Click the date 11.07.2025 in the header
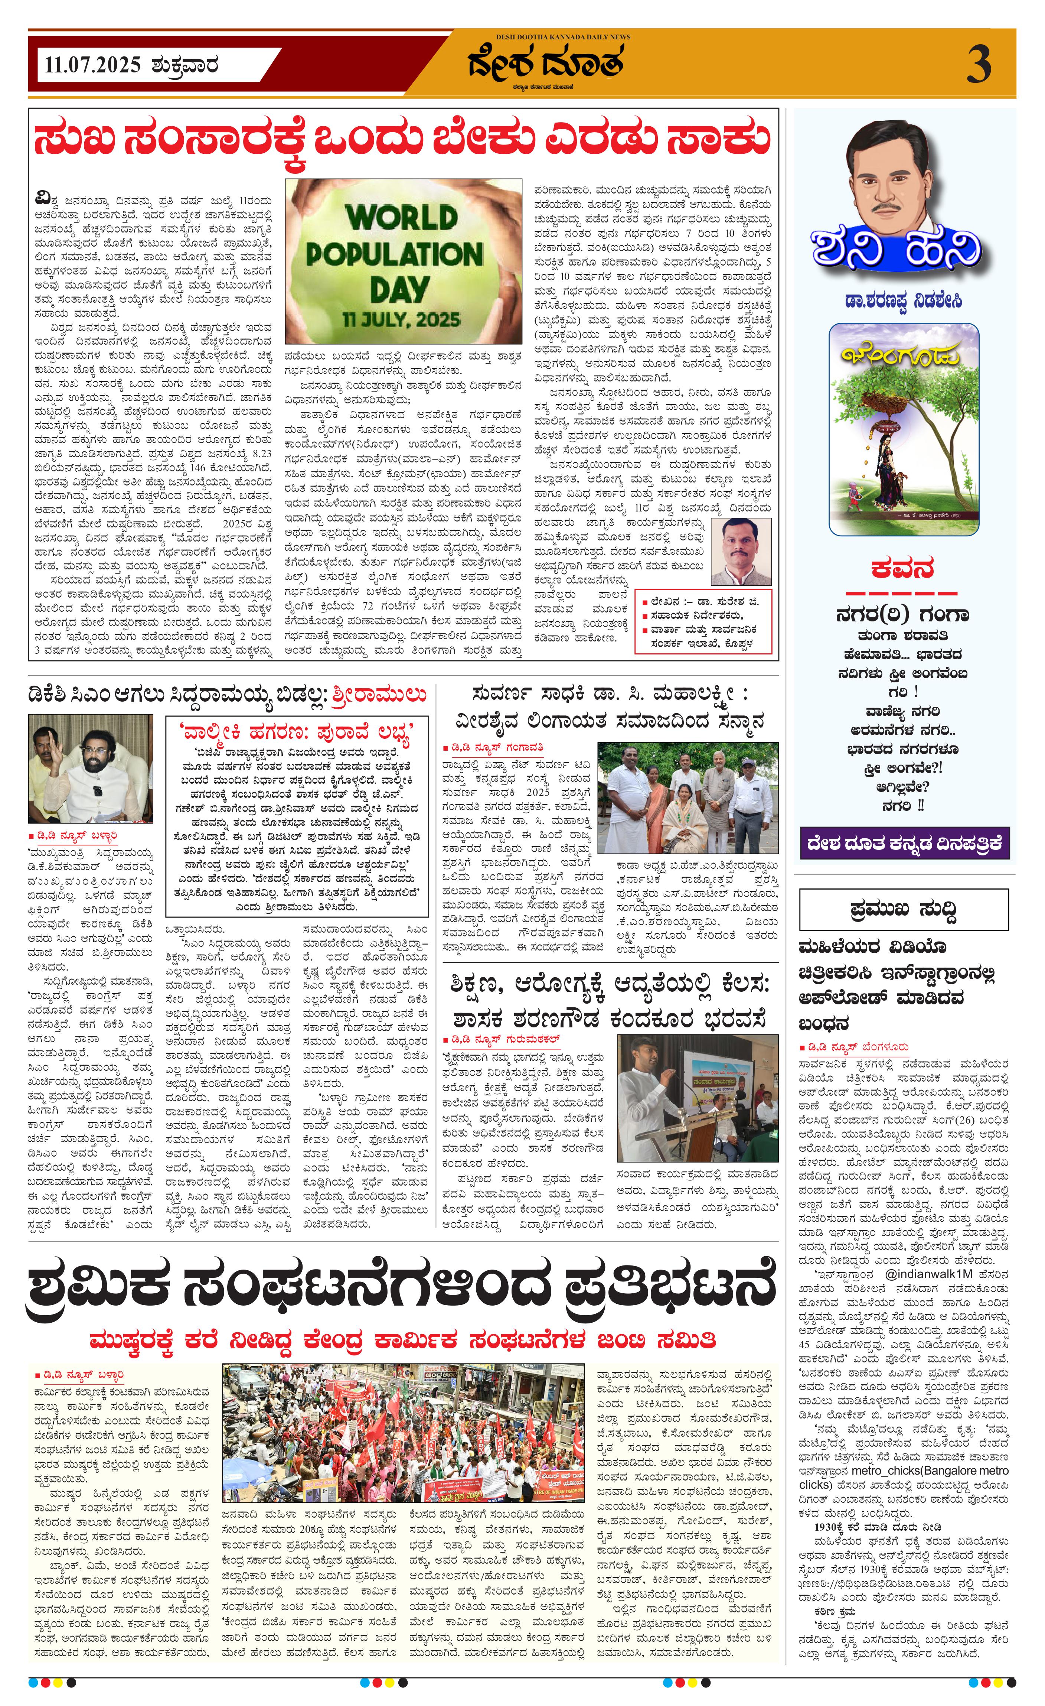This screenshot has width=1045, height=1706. (93, 66)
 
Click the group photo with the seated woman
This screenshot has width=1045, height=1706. (688, 797)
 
